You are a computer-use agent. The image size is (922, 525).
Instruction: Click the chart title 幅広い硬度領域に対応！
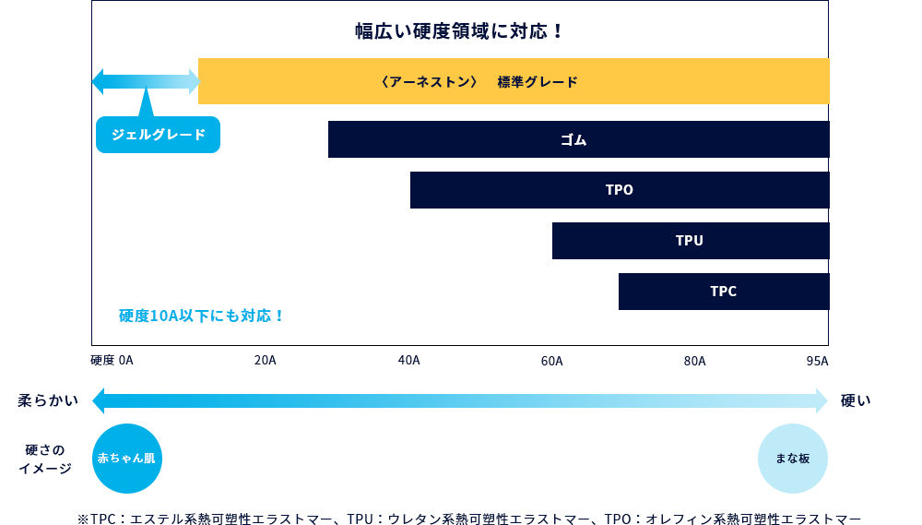coord(459,31)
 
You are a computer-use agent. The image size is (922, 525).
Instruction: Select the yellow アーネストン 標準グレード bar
coord(514,81)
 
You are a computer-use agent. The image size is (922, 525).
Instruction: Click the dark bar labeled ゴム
coord(578,139)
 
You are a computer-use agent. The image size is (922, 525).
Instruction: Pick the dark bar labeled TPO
coord(619,190)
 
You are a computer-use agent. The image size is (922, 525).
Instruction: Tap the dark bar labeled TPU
coord(690,241)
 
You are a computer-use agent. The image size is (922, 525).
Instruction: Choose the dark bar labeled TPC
coord(723,292)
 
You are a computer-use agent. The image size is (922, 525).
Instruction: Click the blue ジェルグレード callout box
coord(158,135)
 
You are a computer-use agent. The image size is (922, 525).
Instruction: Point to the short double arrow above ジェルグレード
coord(146,81)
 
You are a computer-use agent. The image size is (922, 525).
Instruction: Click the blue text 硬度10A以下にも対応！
coord(202,316)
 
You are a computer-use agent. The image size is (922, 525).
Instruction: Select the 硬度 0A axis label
coord(112,361)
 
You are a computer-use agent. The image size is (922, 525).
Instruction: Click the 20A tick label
coord(265,361)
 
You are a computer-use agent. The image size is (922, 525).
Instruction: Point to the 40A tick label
coord(408,361)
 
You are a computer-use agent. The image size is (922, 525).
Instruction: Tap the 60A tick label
coord(551,361)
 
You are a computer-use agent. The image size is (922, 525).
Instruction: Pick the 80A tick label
coord(694,361)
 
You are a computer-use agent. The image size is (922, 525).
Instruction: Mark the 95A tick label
coord(817,361)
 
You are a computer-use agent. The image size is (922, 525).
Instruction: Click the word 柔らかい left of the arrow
coord(48,401)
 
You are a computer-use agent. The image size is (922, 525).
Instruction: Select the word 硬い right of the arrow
coord(856,401)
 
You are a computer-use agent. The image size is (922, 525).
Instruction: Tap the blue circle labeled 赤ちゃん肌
coord(127,459)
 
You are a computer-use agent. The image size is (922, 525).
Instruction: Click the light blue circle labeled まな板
coord(792,459)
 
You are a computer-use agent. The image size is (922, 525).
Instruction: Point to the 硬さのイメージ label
coord(45,459)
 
